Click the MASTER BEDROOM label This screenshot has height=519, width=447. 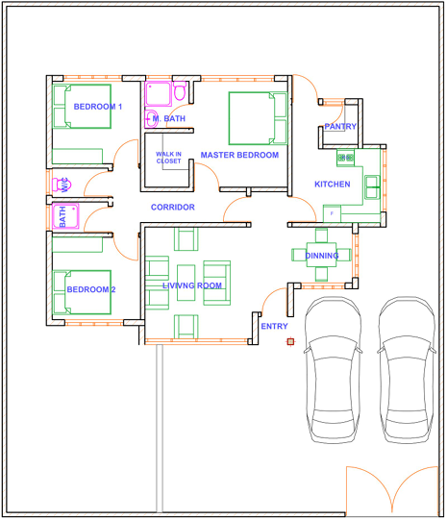[239, 155]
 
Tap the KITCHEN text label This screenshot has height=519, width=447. [332, 185]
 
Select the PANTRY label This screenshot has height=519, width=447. [340, 127]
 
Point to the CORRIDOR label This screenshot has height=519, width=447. [172, 208]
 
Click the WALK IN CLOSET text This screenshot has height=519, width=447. [168, 158]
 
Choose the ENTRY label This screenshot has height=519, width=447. [274, 327]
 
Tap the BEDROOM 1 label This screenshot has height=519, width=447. [98, 107]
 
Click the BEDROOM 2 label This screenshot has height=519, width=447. [91, 289]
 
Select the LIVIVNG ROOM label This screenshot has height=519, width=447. [192, 285]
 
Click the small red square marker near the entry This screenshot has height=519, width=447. [290, 341]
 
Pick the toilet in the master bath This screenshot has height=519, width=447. [180, 91]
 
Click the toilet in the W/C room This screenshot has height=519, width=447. [62, 185]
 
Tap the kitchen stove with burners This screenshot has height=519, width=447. [345, 158]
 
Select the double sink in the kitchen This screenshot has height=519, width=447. [372, 187]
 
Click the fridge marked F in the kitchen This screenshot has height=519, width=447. [332, 213]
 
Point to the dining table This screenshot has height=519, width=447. [321, 255]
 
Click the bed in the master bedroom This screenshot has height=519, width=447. [258, 118]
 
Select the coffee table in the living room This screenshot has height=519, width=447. [186, 283]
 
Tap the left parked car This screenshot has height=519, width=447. [333, 369]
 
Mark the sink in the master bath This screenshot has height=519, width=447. [151, 118]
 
